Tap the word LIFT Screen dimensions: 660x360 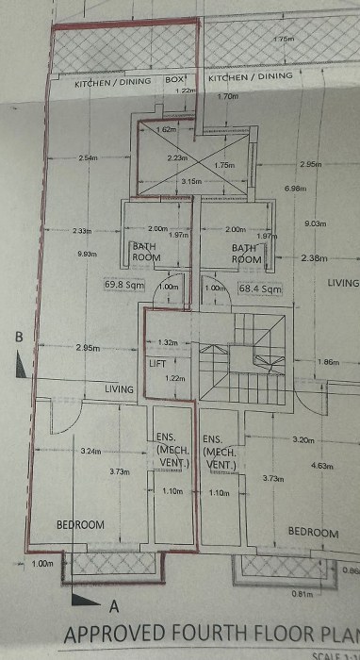click(158, 362)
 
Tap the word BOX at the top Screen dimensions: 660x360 click(175, 81)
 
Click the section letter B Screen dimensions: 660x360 click(17, 335)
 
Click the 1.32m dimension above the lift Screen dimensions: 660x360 click(168, 342)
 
